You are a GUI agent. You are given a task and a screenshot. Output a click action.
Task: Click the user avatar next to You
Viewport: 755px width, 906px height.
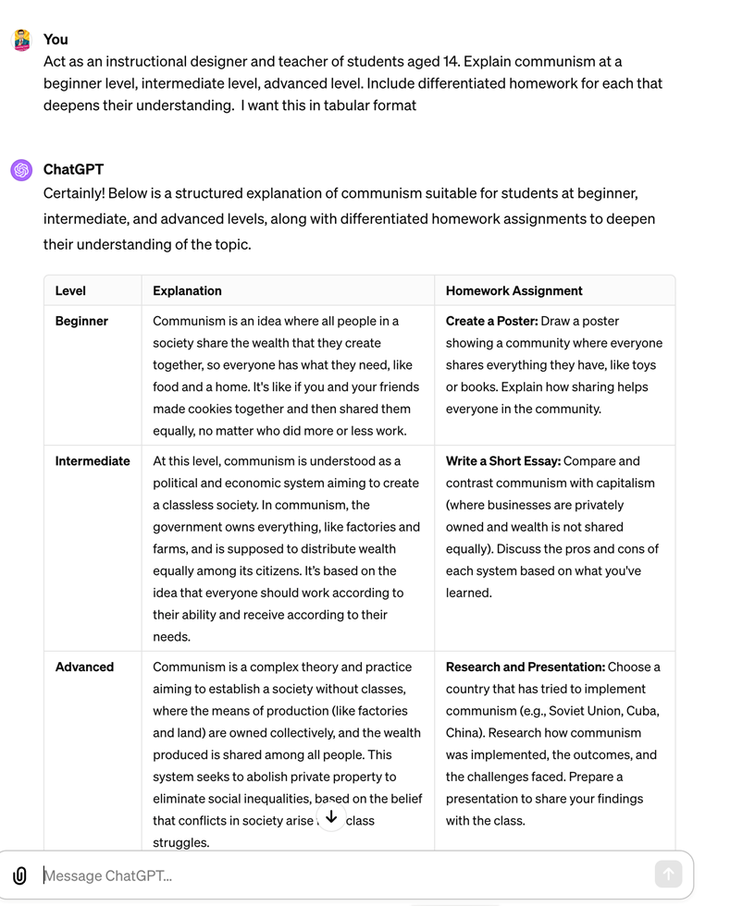[x=21, y=41]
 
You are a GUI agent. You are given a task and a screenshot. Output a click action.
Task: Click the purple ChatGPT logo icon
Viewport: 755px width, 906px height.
[x=21, y=170]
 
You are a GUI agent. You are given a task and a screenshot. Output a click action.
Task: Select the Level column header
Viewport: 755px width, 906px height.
[x=70, y=290]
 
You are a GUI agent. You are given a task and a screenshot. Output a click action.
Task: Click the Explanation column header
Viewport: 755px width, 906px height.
[x=187, y=290]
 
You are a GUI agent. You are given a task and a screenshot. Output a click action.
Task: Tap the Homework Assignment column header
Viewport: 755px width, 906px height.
[x=514, y=290]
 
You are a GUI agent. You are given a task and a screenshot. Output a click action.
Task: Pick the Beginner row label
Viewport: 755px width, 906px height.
[x=81, y=321]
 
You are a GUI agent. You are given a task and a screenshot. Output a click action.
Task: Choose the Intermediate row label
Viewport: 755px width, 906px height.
[x=93, y=460]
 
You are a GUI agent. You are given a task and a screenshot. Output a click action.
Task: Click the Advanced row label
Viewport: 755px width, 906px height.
[x=84, y=667]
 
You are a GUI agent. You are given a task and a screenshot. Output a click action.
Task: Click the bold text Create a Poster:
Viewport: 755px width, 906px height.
[x=491, y=321]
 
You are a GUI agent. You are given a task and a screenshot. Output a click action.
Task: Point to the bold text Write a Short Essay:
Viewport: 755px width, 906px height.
[x=503, y=460]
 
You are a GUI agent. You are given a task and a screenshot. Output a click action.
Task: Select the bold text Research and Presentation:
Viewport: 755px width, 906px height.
[x=525, y=667]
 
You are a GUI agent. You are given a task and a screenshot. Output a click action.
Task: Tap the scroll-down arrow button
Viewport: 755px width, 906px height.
[x=331, y=817]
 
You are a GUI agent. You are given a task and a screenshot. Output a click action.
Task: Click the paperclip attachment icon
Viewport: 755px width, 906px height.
[x=19, y=875]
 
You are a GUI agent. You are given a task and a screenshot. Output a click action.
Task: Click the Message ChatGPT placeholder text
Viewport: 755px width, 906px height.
[x=108, y=875]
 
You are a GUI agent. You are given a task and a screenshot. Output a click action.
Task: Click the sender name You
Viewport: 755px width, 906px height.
[x=56, y=39]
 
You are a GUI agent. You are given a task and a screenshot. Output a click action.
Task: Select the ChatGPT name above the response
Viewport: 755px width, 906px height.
[x=73, y=169]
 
